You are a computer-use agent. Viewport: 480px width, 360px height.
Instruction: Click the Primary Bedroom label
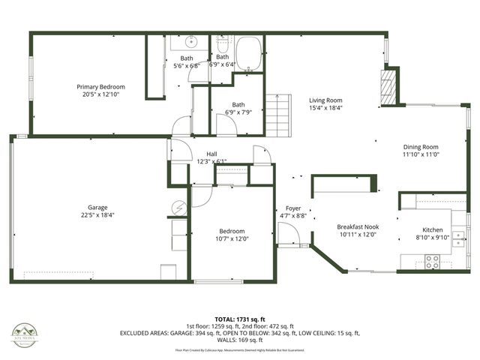point(100,86)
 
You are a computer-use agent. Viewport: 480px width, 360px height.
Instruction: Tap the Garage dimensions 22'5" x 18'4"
point(97,216)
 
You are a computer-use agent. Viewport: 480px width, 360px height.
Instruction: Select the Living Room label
point(326,100)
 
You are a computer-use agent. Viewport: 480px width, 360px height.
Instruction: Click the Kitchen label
point(432,230)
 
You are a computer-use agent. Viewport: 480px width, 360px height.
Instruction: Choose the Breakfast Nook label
point(357,226)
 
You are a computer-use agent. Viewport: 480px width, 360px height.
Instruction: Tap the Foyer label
point(292,208)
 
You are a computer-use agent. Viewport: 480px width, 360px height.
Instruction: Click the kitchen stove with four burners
point(433,262)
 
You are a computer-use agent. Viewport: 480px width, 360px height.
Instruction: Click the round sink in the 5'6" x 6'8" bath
point(191,42)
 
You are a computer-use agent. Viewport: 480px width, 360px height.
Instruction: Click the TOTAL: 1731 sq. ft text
point(236,319)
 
